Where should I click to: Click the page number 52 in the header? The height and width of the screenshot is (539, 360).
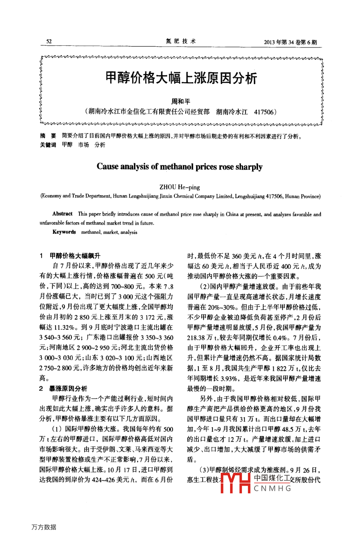pyautogui.click(x=49, y=41)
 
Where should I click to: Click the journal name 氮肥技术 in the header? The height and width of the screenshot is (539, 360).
pyautogui.click(x=180, y=41)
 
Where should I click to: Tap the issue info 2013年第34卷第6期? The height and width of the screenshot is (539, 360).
pyautogui.click(x=290, y=42)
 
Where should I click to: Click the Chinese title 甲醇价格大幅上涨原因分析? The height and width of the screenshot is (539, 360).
pyautogui.click(x=181, y=77)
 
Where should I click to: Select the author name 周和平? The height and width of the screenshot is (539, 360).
pyautogui.click(x=181, y=101)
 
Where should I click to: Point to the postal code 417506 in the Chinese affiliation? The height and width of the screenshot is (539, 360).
pyautogui.click(x=264, y=112)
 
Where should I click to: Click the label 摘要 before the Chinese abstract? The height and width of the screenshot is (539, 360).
pyautogui.click(x=48, y=136)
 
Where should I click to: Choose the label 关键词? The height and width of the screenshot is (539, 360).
pyautogui.click(x=48, y=145)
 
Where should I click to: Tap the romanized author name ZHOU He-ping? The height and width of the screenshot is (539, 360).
pyautogui.click(x=180, y=187)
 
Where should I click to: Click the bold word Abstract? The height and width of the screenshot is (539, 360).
pyautogui.click(x=62, y=214)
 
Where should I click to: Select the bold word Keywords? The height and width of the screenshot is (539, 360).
pyautogui.click(x=64, y=232)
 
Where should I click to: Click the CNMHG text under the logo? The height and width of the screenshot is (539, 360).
pyautogui.click(x=272, y=488)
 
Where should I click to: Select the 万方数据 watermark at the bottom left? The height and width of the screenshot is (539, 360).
pyautogui.click(x=44, y=527)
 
